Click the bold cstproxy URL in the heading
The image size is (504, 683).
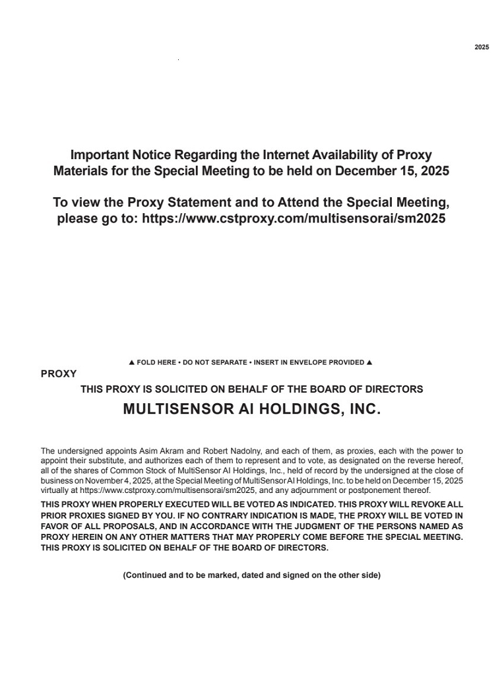pyautogui.click(x=294, y=218)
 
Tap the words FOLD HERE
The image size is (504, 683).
pyautogui.click(x=156, y=362)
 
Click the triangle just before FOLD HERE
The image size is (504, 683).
pyautogui.click(x=132, y=362)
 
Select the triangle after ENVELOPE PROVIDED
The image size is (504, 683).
pyautogui.click(x=369, y=362)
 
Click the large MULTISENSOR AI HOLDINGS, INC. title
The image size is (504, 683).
pyautogui.click(x=252, y=409)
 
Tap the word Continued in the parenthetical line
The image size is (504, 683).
pyautogui.click(x=145, y=575)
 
